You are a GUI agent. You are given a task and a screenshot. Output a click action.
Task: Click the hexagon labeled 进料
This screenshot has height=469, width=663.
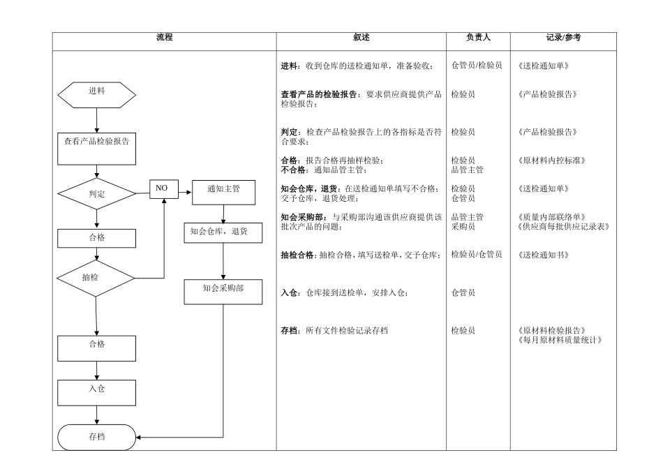tap(96, 94)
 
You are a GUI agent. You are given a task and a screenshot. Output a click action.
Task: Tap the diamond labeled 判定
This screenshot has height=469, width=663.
tap(96, 195)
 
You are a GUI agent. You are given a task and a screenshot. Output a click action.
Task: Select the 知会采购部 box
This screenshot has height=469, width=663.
tap(223, 292)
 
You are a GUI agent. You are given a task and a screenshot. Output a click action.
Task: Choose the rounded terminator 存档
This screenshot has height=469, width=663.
tap(96, 438)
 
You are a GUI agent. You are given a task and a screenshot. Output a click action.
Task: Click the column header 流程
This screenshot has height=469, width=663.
tap(165, 38)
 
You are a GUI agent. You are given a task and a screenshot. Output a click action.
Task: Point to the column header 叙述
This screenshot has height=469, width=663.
tap(361, 38)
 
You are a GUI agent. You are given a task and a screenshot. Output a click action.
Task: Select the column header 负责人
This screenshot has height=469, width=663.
tap(478, 38)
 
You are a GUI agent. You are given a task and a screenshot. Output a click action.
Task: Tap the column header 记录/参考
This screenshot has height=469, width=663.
tap(563, 38)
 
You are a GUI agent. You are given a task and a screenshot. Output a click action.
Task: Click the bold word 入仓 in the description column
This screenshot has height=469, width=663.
tap(289, 293)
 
